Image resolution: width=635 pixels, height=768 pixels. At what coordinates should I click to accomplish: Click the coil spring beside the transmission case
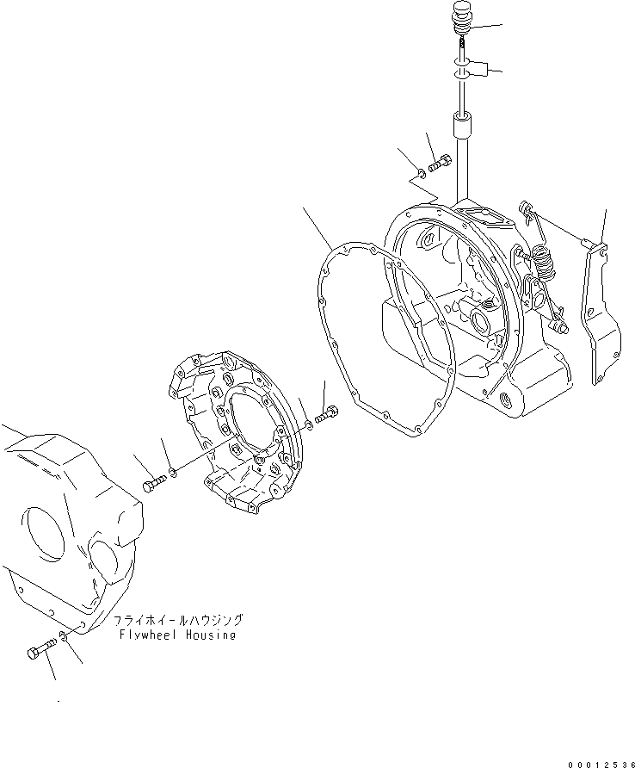point(543,258)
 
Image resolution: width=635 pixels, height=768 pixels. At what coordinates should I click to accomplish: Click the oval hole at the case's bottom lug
point(504,399)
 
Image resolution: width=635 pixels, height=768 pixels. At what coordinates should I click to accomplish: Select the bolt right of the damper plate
point(328,417)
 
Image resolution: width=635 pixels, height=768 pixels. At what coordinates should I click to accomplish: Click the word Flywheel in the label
point(145,635)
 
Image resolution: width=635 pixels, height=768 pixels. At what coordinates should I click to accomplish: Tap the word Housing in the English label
point(209,635)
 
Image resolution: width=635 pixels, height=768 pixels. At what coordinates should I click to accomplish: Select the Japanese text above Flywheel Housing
point(178,620)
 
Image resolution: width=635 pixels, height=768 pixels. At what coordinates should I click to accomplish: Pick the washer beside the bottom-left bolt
point(64,639)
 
